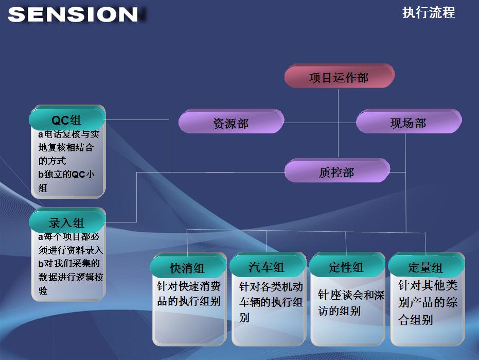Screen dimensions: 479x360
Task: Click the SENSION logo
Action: (73, 14)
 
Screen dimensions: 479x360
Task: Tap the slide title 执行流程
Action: (429, 13)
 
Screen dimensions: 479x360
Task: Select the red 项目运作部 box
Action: (339, 76)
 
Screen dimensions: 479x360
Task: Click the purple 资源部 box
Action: (231, 122)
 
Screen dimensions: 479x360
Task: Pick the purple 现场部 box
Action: (409, 122)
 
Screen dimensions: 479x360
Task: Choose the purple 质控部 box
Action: (337, 170)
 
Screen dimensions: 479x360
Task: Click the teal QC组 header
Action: (67, 118)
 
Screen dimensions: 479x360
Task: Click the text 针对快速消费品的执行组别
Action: (189, 294)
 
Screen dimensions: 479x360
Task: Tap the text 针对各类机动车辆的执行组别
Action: (271, 302)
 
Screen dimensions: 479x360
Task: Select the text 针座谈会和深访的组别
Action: (351, 303)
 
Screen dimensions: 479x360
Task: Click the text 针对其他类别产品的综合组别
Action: (428, 302)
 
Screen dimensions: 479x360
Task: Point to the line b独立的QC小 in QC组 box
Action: (66, 175)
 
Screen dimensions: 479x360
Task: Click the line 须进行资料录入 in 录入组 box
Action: (71, 250)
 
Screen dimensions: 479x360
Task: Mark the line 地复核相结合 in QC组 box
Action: (66, 147)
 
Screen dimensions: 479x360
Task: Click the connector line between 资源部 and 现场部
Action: (320, 123)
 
